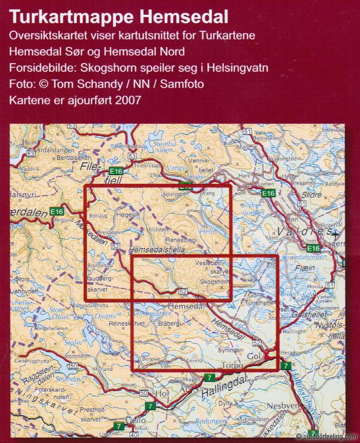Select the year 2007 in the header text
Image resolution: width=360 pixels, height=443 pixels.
coord(128,99)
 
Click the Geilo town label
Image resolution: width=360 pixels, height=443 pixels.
coord(135,421)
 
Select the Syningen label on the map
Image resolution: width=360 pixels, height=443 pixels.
coord(231,350)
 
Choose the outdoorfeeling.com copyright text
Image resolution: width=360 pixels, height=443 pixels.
coord(327,436)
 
